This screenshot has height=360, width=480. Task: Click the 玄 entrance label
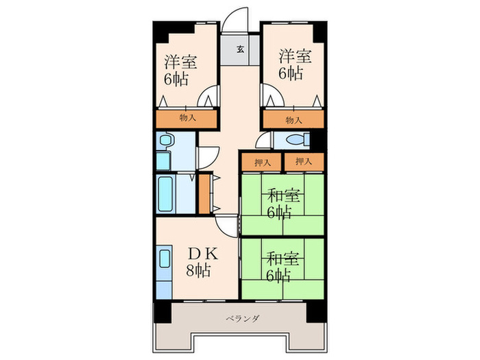241,49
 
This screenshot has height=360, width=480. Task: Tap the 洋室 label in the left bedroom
180,62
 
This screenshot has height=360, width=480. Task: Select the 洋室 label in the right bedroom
295,55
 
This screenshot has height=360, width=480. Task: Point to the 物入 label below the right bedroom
293,119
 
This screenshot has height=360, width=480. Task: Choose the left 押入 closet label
261,162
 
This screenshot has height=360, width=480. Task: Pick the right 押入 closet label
303,162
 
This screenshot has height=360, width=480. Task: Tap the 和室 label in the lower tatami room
281,259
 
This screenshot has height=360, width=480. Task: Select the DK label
204,253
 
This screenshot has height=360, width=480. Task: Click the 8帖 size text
200,270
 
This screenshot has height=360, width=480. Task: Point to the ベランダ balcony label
240,318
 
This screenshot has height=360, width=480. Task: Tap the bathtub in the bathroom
165,194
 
